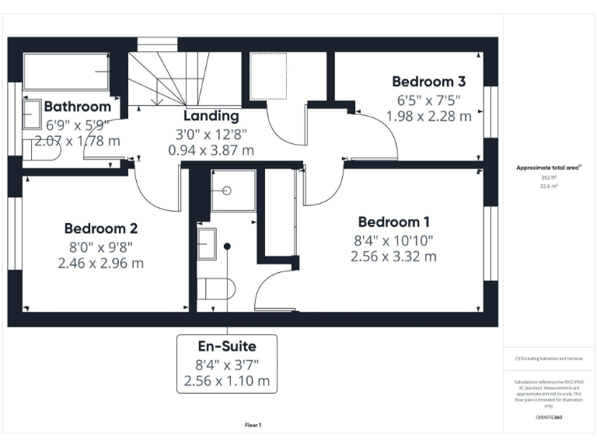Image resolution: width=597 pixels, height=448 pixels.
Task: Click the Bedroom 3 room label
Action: click(x=428, y=82)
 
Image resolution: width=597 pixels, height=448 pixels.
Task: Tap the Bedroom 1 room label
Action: click(x=393, y=222)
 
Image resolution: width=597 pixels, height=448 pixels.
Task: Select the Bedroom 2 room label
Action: click(x=101, y=229)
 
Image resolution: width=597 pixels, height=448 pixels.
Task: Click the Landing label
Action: click(x=211, y=116)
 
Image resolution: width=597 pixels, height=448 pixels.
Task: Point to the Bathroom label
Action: click(x=77, y=107)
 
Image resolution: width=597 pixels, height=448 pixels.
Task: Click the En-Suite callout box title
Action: click(x=227, y=346)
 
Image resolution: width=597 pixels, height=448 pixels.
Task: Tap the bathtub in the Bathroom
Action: click(x=65, y=72)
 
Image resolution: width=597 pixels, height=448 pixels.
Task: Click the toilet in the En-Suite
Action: click(x=215, y=289)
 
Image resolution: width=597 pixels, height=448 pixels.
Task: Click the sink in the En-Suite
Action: click(x=208, y=243)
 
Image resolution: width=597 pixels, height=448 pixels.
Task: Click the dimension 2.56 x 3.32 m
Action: click(x=393, y=256)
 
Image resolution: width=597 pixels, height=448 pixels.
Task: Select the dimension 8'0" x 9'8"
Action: click(x=101, y=247)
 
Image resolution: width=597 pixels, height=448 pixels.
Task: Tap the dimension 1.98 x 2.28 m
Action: click(x=428, y=117)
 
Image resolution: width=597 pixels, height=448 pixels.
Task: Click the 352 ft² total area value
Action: click(x=550, y=177)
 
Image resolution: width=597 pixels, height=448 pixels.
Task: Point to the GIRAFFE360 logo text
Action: click(x=549, y=418)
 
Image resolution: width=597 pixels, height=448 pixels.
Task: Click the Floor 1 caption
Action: click(x=253, y=425)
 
